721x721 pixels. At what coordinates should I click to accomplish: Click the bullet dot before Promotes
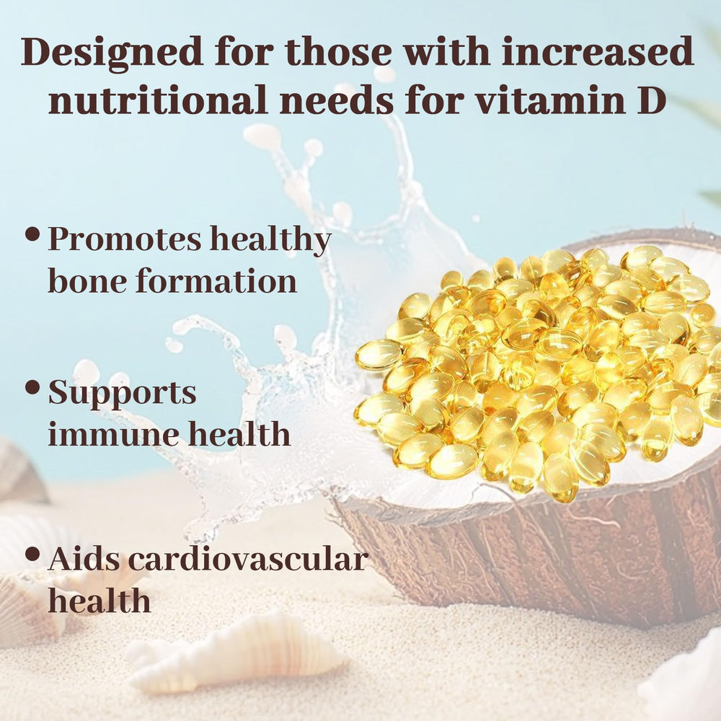point(32,234)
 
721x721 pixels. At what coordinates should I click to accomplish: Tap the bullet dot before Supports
point(32,387)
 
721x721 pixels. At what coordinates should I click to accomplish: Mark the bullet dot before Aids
point(32,554)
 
